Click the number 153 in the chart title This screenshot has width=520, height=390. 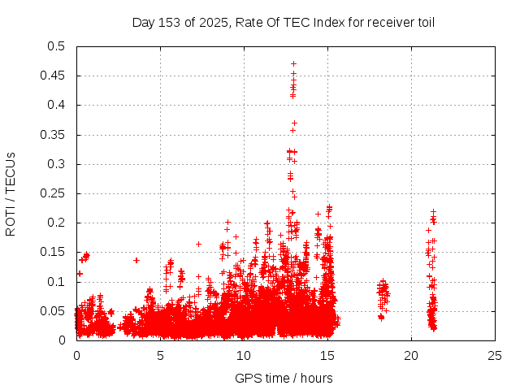pyautogui.click(x=168, y=22)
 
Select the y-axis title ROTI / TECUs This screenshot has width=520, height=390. pyautogui.click(x=11, y=193)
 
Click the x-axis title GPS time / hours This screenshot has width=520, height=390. pyautogui.click(x=284, y=378)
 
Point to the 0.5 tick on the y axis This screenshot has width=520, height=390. pyautogui.click(x=57, y=46)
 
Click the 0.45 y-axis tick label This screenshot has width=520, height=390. pyautogui.click(x=54, y=76)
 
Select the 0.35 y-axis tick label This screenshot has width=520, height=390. pyautogui.click(x=54, y=135)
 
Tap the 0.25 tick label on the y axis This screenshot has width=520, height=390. pyautogui.click(x=54, y=193)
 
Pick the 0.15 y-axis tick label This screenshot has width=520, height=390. pyautogui.click(x=54, y=253)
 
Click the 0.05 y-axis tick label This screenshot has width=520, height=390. pyautogui.click(x=54, y=311)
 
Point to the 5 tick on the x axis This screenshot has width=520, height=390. pyautogui.click(x=160, y=355)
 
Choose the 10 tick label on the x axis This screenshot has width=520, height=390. pyautogui.click(x=244, y=355)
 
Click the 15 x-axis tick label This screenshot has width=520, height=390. pyautogui.click(x=327, y=355)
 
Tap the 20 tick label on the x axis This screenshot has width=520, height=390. pyautogui.click(x=411, y=355)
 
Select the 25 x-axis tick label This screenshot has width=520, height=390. pyautogui.click(x=495, y=355)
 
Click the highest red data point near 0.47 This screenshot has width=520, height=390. pyautogui.click(x=293, y=63)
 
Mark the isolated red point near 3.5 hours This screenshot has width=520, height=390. pyautogui.click(x=136, y=260)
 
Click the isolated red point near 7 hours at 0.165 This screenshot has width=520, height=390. pyautogui.click(x=198, y=244)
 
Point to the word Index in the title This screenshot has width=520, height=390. pyautogui.click(x=324, y=22)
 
